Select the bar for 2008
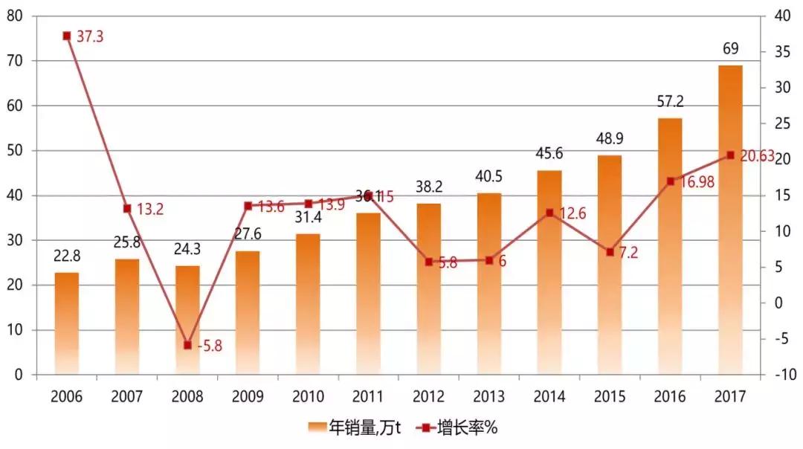click(187, 320)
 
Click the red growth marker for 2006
click(67, 36)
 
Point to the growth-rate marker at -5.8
click(187, 345)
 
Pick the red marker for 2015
click(610, 252)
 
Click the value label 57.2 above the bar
click(670, 101)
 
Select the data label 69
click(730, 49)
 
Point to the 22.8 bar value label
click(67, 256)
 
